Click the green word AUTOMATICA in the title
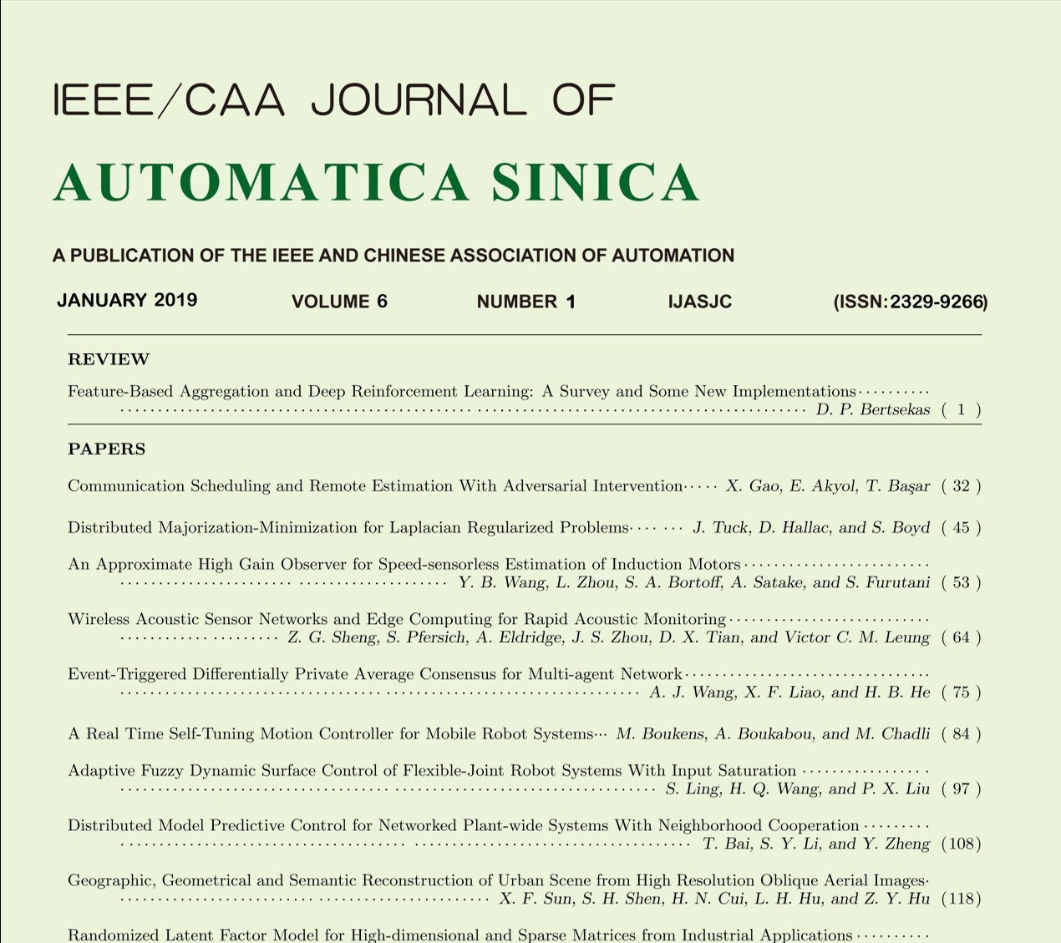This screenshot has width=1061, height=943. coord(261,183)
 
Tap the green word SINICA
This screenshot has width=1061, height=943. coord(595,183)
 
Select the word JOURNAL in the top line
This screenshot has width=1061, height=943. coord(419,100)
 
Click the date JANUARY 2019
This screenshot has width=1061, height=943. coord(127,301)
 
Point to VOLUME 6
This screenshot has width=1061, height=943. coord(339,302)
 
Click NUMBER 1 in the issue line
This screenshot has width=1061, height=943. coord(525,302)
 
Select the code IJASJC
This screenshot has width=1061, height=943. coord(700,302)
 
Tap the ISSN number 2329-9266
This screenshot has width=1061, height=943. coord(937,302)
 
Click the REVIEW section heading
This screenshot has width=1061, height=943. coord(109,360)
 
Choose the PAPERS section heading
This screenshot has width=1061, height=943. coord(107,449)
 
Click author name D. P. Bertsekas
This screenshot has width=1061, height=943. coord(872,410)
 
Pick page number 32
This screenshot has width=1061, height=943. coord(961,486)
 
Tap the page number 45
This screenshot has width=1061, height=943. coord(961,528)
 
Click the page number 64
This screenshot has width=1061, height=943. coord(961,638)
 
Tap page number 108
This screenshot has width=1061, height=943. coord(961,844)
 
